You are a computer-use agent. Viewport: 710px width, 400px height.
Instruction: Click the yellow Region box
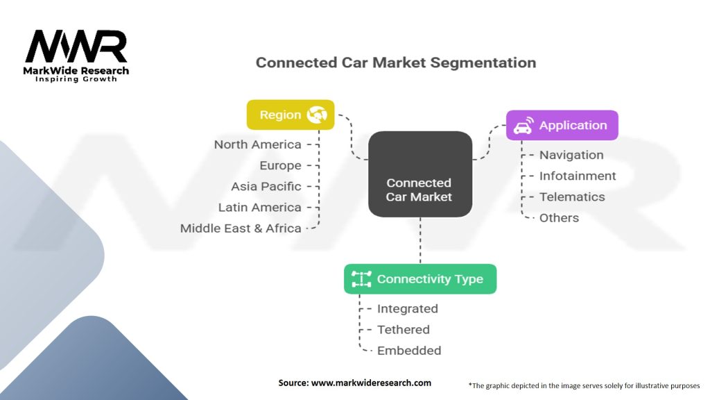[291, 115]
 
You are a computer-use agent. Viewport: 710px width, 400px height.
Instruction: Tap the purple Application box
[562, 125]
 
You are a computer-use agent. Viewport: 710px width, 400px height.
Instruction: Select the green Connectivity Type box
[420, 279]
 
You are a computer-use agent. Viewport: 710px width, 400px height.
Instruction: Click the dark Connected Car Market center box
[420, 174]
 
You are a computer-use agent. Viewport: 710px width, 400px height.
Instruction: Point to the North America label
[258, 144]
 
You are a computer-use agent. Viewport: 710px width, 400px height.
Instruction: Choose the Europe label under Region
[280, 166]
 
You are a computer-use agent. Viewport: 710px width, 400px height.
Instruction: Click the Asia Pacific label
[266, 186]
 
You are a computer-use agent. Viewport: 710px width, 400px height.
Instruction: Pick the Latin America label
[260, 207]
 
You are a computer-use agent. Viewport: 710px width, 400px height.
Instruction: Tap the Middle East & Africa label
[241, 228]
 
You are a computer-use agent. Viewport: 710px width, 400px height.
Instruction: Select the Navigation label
[571, 155]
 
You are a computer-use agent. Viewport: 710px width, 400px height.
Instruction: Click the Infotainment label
[578, 176]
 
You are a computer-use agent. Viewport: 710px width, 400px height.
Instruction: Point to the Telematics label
[572, 197]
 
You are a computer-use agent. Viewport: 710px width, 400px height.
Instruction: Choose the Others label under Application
[560, 217]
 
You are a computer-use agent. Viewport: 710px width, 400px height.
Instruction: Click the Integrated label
[408, 309]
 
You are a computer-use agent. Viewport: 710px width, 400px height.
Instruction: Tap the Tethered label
[404, 330]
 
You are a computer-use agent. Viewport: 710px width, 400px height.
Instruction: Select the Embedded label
[409, 351]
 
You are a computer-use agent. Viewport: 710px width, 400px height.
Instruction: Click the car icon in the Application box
[523, 126]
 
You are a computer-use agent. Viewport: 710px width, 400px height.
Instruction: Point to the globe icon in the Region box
[317, 115]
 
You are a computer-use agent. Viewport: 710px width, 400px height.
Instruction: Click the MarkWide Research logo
[76, 56]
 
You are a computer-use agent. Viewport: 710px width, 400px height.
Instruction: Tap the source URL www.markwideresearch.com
[371, 383]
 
